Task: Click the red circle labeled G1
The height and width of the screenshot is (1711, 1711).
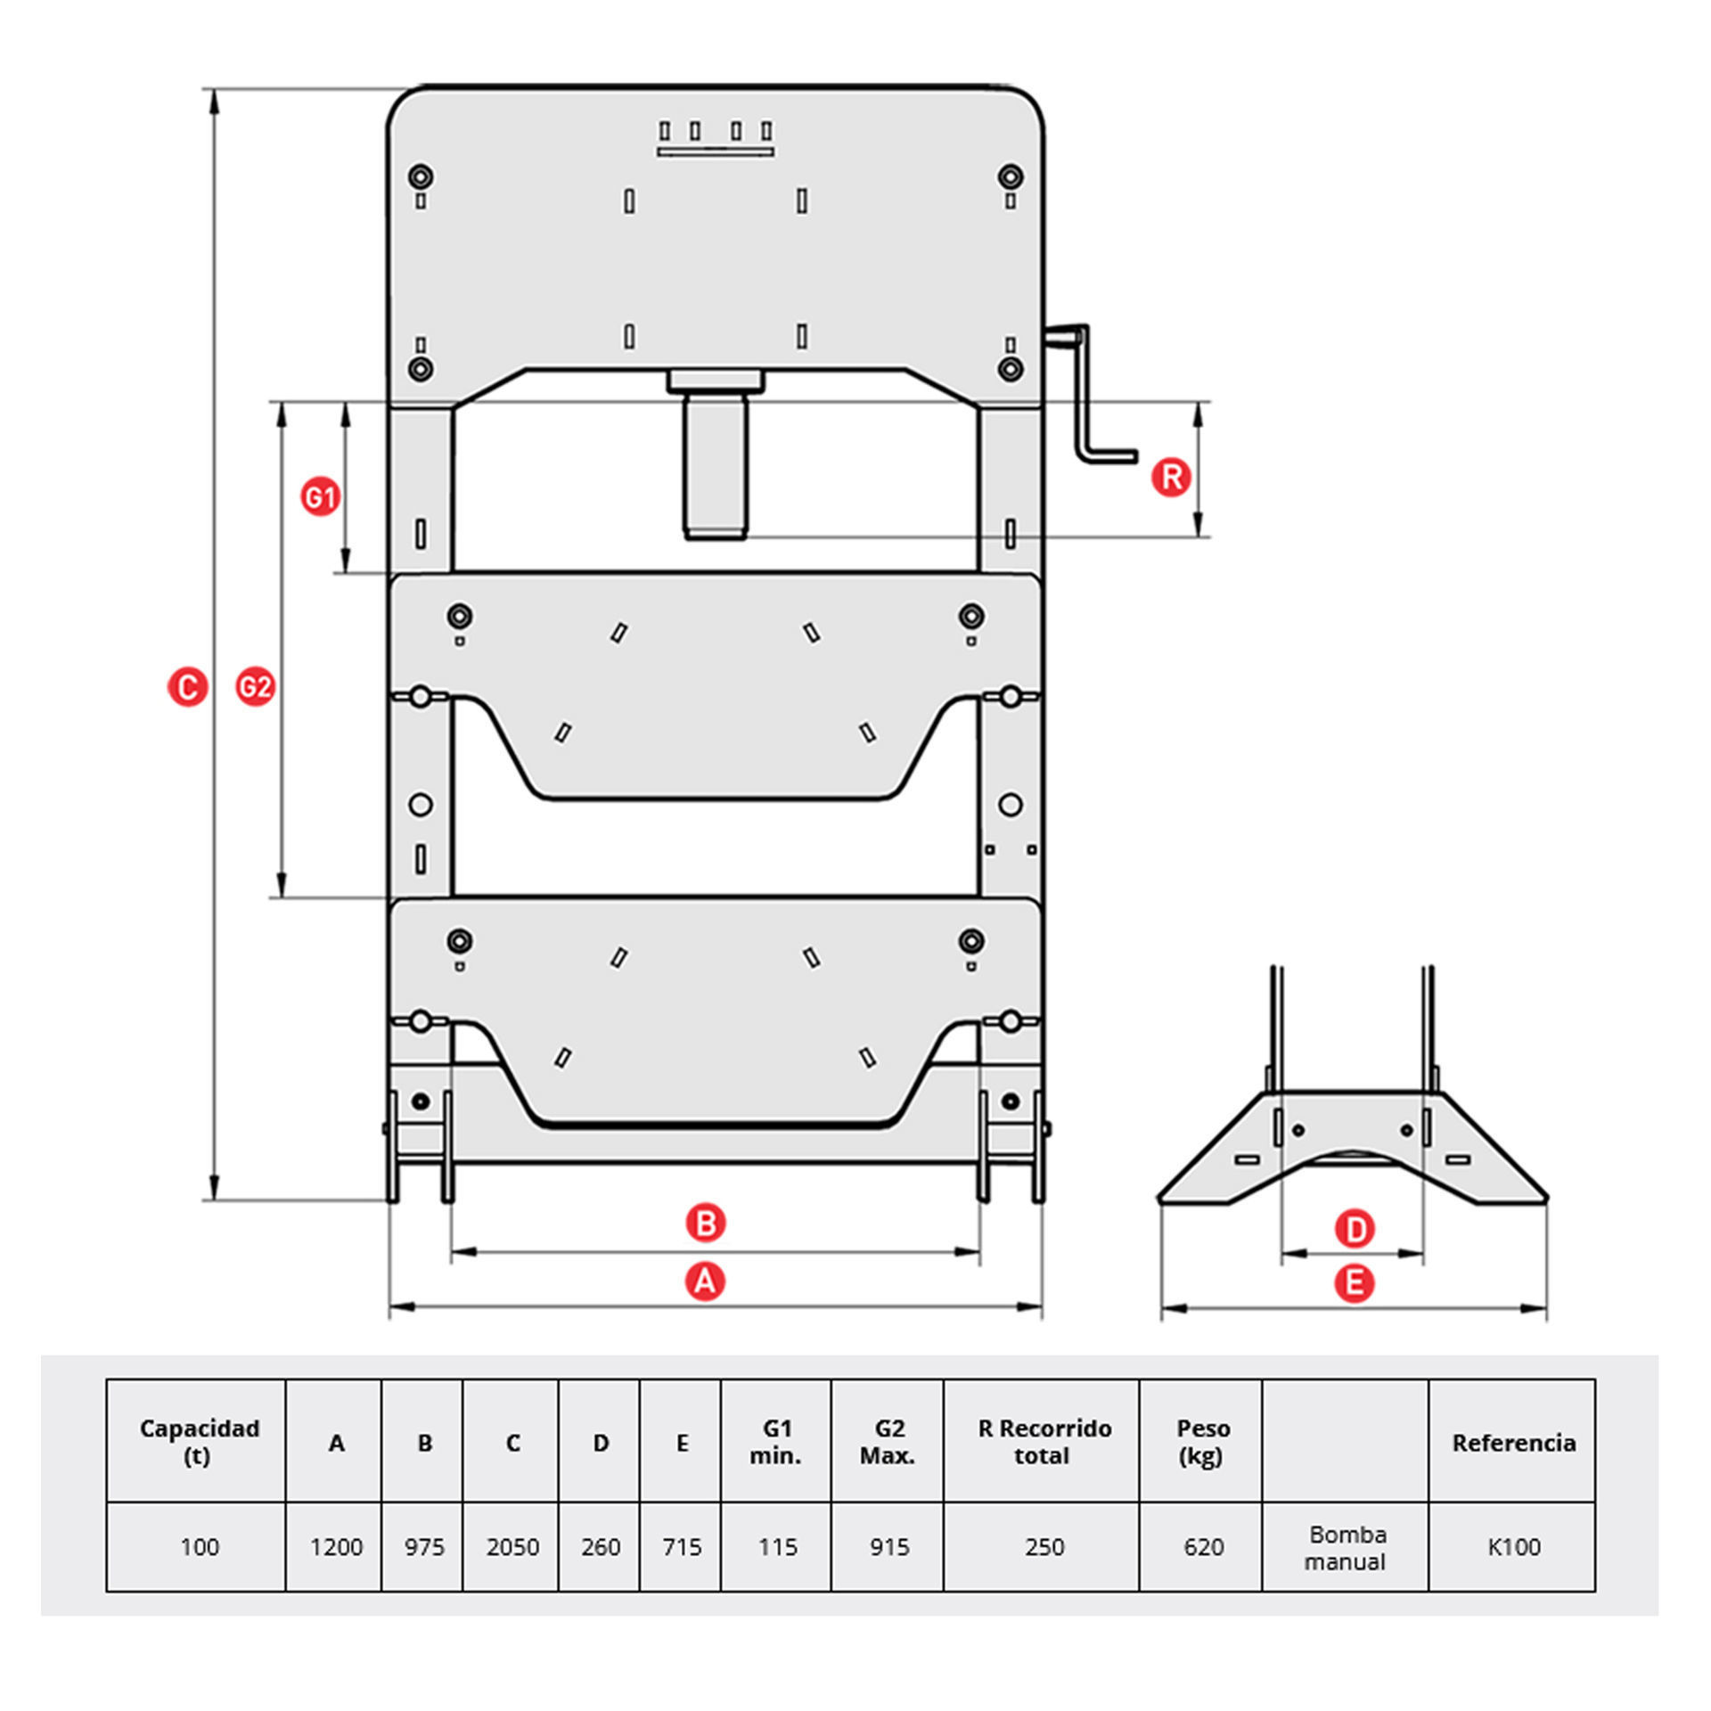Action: [x=320, y=496]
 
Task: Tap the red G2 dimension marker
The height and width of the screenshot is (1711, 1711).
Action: [x=255, y=687]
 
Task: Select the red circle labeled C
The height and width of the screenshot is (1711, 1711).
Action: [x=188, y=687]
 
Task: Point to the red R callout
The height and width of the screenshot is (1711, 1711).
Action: [x=1171, y=477]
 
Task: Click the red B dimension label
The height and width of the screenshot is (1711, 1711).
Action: [x=706, y=1223]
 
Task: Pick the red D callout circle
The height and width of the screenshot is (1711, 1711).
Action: [x=1355, y=1230]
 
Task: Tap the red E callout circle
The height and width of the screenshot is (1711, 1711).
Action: [x=1355, y=1283]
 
